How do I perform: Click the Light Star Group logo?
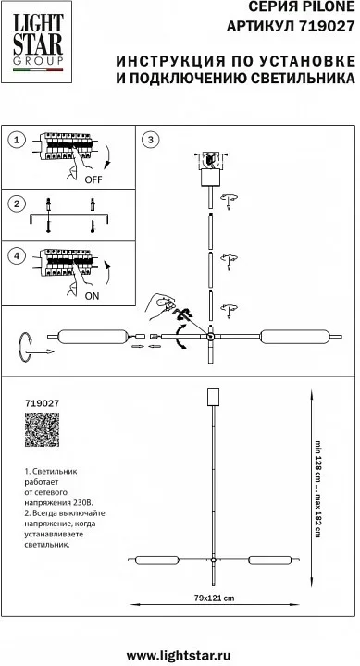[x=36, y=42]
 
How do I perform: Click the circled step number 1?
[x=17, y=141]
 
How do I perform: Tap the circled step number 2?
[x=17, y=203]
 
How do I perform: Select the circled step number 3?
[x=150, y=140]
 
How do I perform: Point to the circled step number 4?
[x=17, y=256]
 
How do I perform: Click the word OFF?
[x=93, y=179]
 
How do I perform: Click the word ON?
[x=92, y=297]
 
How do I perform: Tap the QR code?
[x=42, y=429]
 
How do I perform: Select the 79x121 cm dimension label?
[x=214, y=598]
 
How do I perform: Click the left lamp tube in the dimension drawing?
[x=156, y=561]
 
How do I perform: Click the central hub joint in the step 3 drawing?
[x=210, y=337]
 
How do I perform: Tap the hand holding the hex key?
[x=160, y=306]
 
